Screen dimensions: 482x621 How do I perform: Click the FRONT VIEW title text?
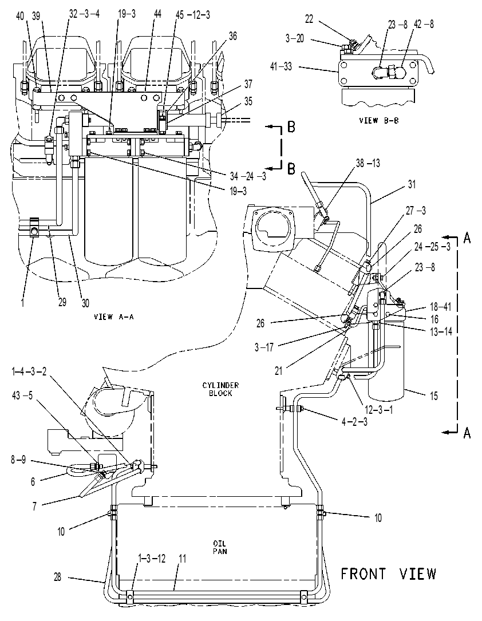click(x=389, y=574)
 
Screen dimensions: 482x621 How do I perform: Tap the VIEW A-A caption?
click(x=114, y=317)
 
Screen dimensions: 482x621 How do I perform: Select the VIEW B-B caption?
click(x=378, y=120)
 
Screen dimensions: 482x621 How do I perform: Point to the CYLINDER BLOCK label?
click(x=220, y=389)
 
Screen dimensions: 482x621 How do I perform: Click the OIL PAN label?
click(x=220, y=547)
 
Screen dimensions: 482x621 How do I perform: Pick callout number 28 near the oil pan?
click(x=57, y=577)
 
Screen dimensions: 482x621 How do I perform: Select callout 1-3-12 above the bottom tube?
click(x=152, y=559)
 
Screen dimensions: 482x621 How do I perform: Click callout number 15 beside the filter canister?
click(x=434, y=395)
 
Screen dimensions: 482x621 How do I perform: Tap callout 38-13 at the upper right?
click(x=368, y=163)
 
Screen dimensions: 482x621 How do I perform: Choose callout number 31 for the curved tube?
click(x=412, y=184)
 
